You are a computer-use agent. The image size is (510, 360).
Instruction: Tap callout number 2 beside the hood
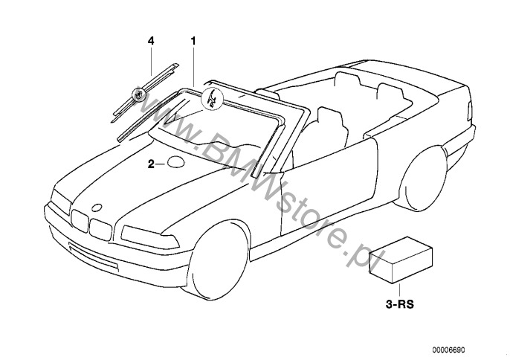pos(150,164)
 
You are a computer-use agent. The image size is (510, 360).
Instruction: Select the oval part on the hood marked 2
pos(176,164)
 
